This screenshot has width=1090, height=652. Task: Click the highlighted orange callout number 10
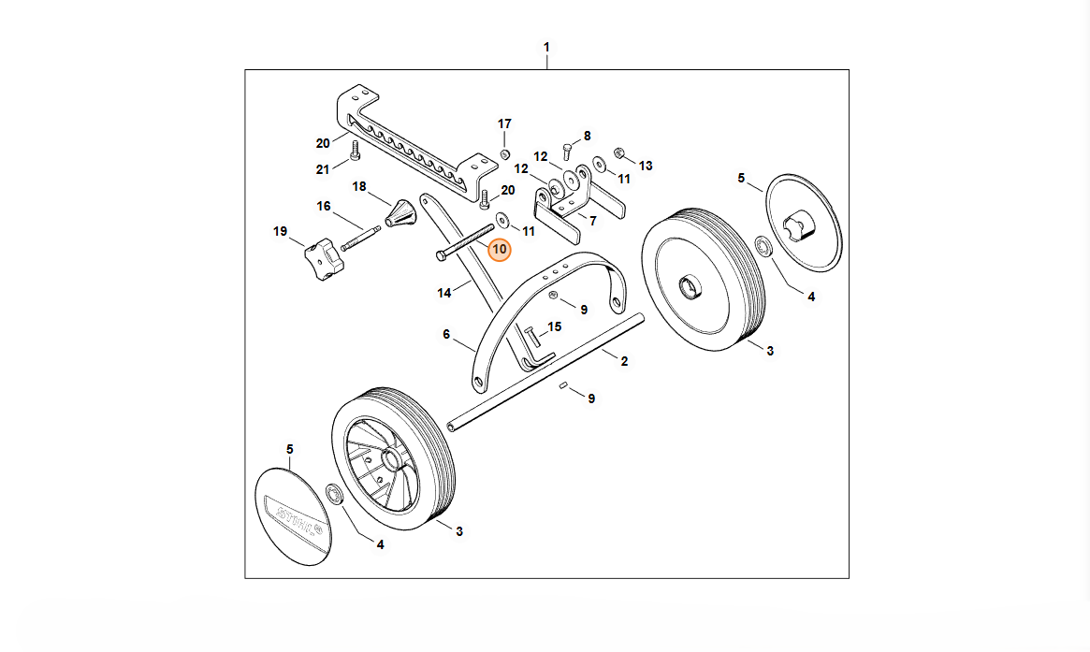point(499,250)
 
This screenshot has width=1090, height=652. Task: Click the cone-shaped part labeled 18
point(400,213)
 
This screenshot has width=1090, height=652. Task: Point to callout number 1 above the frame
point(547,47)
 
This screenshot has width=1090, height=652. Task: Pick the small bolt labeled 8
point(568,149)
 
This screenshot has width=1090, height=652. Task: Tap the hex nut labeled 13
point(618,152)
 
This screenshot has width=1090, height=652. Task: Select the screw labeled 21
point(355,150)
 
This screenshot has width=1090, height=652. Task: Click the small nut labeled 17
point(504,153)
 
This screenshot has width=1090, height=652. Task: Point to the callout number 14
point(444,293)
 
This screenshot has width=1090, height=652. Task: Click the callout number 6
point(446,334)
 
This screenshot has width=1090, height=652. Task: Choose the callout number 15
point(555,326)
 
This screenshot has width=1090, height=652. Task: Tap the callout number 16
point(324,206)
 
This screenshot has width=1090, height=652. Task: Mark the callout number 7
point(591,220)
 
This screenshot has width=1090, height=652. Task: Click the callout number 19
point(280,231)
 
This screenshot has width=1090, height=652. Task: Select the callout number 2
point(623,360)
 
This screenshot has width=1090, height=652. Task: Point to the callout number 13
point(646,166)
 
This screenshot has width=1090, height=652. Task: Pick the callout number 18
point(359,186)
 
